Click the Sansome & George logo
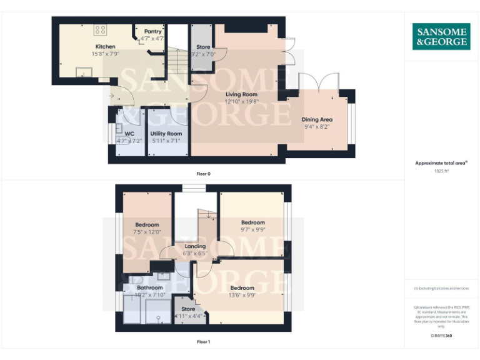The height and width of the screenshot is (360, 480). coord(441,37)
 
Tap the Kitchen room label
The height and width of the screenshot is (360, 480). coord(105,47)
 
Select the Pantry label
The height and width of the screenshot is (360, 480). coord(153,31)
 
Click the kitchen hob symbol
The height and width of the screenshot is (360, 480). coord(101,29)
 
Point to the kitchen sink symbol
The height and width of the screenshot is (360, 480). coord(82,72)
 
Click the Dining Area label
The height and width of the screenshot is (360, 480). coord(317,119)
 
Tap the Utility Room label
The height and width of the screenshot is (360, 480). coord(166,134)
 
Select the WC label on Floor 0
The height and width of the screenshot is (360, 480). coord(129,134)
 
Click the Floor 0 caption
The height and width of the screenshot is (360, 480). coord(202,173)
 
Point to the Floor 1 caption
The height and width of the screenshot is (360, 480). coord(203,342)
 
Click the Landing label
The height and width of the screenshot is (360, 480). coord(195,246)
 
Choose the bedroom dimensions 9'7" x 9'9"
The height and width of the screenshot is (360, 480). coord(253,229)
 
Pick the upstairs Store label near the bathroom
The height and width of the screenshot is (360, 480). coord(188,309)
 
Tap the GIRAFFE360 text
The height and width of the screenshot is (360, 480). coord(441,336)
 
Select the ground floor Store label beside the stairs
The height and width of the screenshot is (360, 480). coord(203,47)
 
